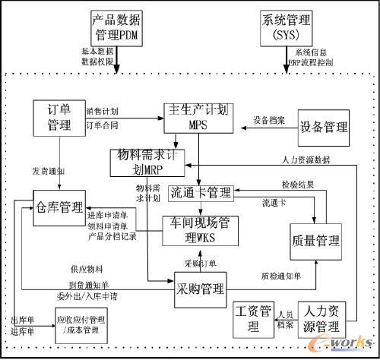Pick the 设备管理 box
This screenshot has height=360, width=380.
(x=323, y=126)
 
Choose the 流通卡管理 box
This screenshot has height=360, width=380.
(x=199, y=193)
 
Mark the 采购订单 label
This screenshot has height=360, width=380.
(x=201, y=263)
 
